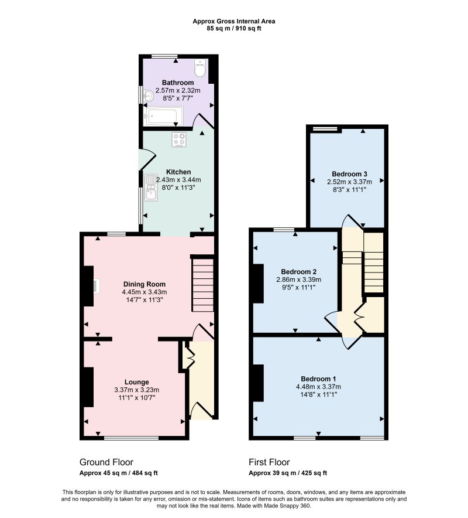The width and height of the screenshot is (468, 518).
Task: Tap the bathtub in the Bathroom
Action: coord(163,116)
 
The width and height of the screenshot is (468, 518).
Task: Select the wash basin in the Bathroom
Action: coord(148,96)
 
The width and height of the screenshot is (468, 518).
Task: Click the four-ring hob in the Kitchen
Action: coord(179,139)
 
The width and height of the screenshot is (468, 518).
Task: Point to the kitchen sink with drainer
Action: coord(151,188)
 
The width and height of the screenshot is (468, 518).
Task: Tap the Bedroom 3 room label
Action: coord(349,174)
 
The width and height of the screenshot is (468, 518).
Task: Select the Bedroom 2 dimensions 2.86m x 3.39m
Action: coord(298,280)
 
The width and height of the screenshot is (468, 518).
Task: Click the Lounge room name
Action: coord(136,382)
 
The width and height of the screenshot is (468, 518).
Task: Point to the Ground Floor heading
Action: coord(106,462)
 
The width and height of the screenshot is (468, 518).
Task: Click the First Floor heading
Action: coord(269,462)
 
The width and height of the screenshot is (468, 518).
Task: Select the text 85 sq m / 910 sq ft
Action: coord(234,28)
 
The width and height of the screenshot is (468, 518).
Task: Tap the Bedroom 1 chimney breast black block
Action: coord(258,383)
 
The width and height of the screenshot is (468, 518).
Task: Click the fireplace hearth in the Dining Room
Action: coord(97,286)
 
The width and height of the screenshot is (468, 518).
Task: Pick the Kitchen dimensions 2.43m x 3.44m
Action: coord(178,180)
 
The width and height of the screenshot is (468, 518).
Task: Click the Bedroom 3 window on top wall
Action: coord(325,129)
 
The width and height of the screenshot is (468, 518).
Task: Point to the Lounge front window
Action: coord(131,438)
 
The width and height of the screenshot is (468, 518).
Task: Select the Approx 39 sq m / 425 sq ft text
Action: coord(288,473)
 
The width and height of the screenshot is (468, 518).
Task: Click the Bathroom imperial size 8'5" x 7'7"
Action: coord(178,98)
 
